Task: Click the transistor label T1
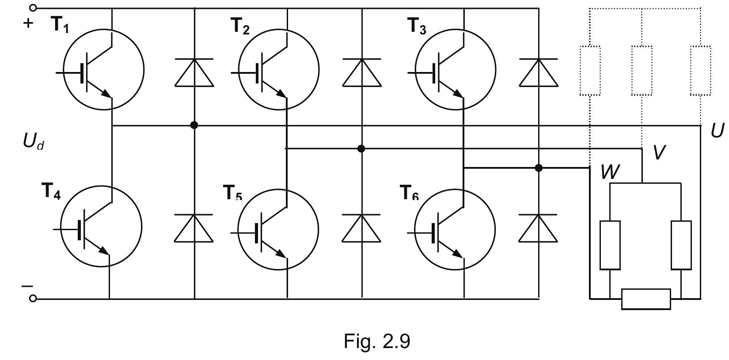tap(61, 25)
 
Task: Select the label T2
tap(240, 27)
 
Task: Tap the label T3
tap(417, 27)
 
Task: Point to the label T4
tap(51, 191)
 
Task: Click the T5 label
tap(233, 193)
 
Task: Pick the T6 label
tap(409, 193)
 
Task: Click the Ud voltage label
tap(33, 142)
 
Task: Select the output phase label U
tap(718, 131)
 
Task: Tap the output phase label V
tap(659, 152)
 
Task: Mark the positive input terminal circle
tap(33, 8)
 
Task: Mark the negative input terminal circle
tap(33, 299)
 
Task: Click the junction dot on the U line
tap(194, 125)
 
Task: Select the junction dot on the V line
tap(361, 148)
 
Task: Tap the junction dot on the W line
tap(539, 168)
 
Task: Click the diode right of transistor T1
tap(194, 72)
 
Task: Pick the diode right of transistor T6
tap(538, 228)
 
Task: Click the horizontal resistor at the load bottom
tap(646, 299)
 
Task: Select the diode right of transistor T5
tap(361, 228)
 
